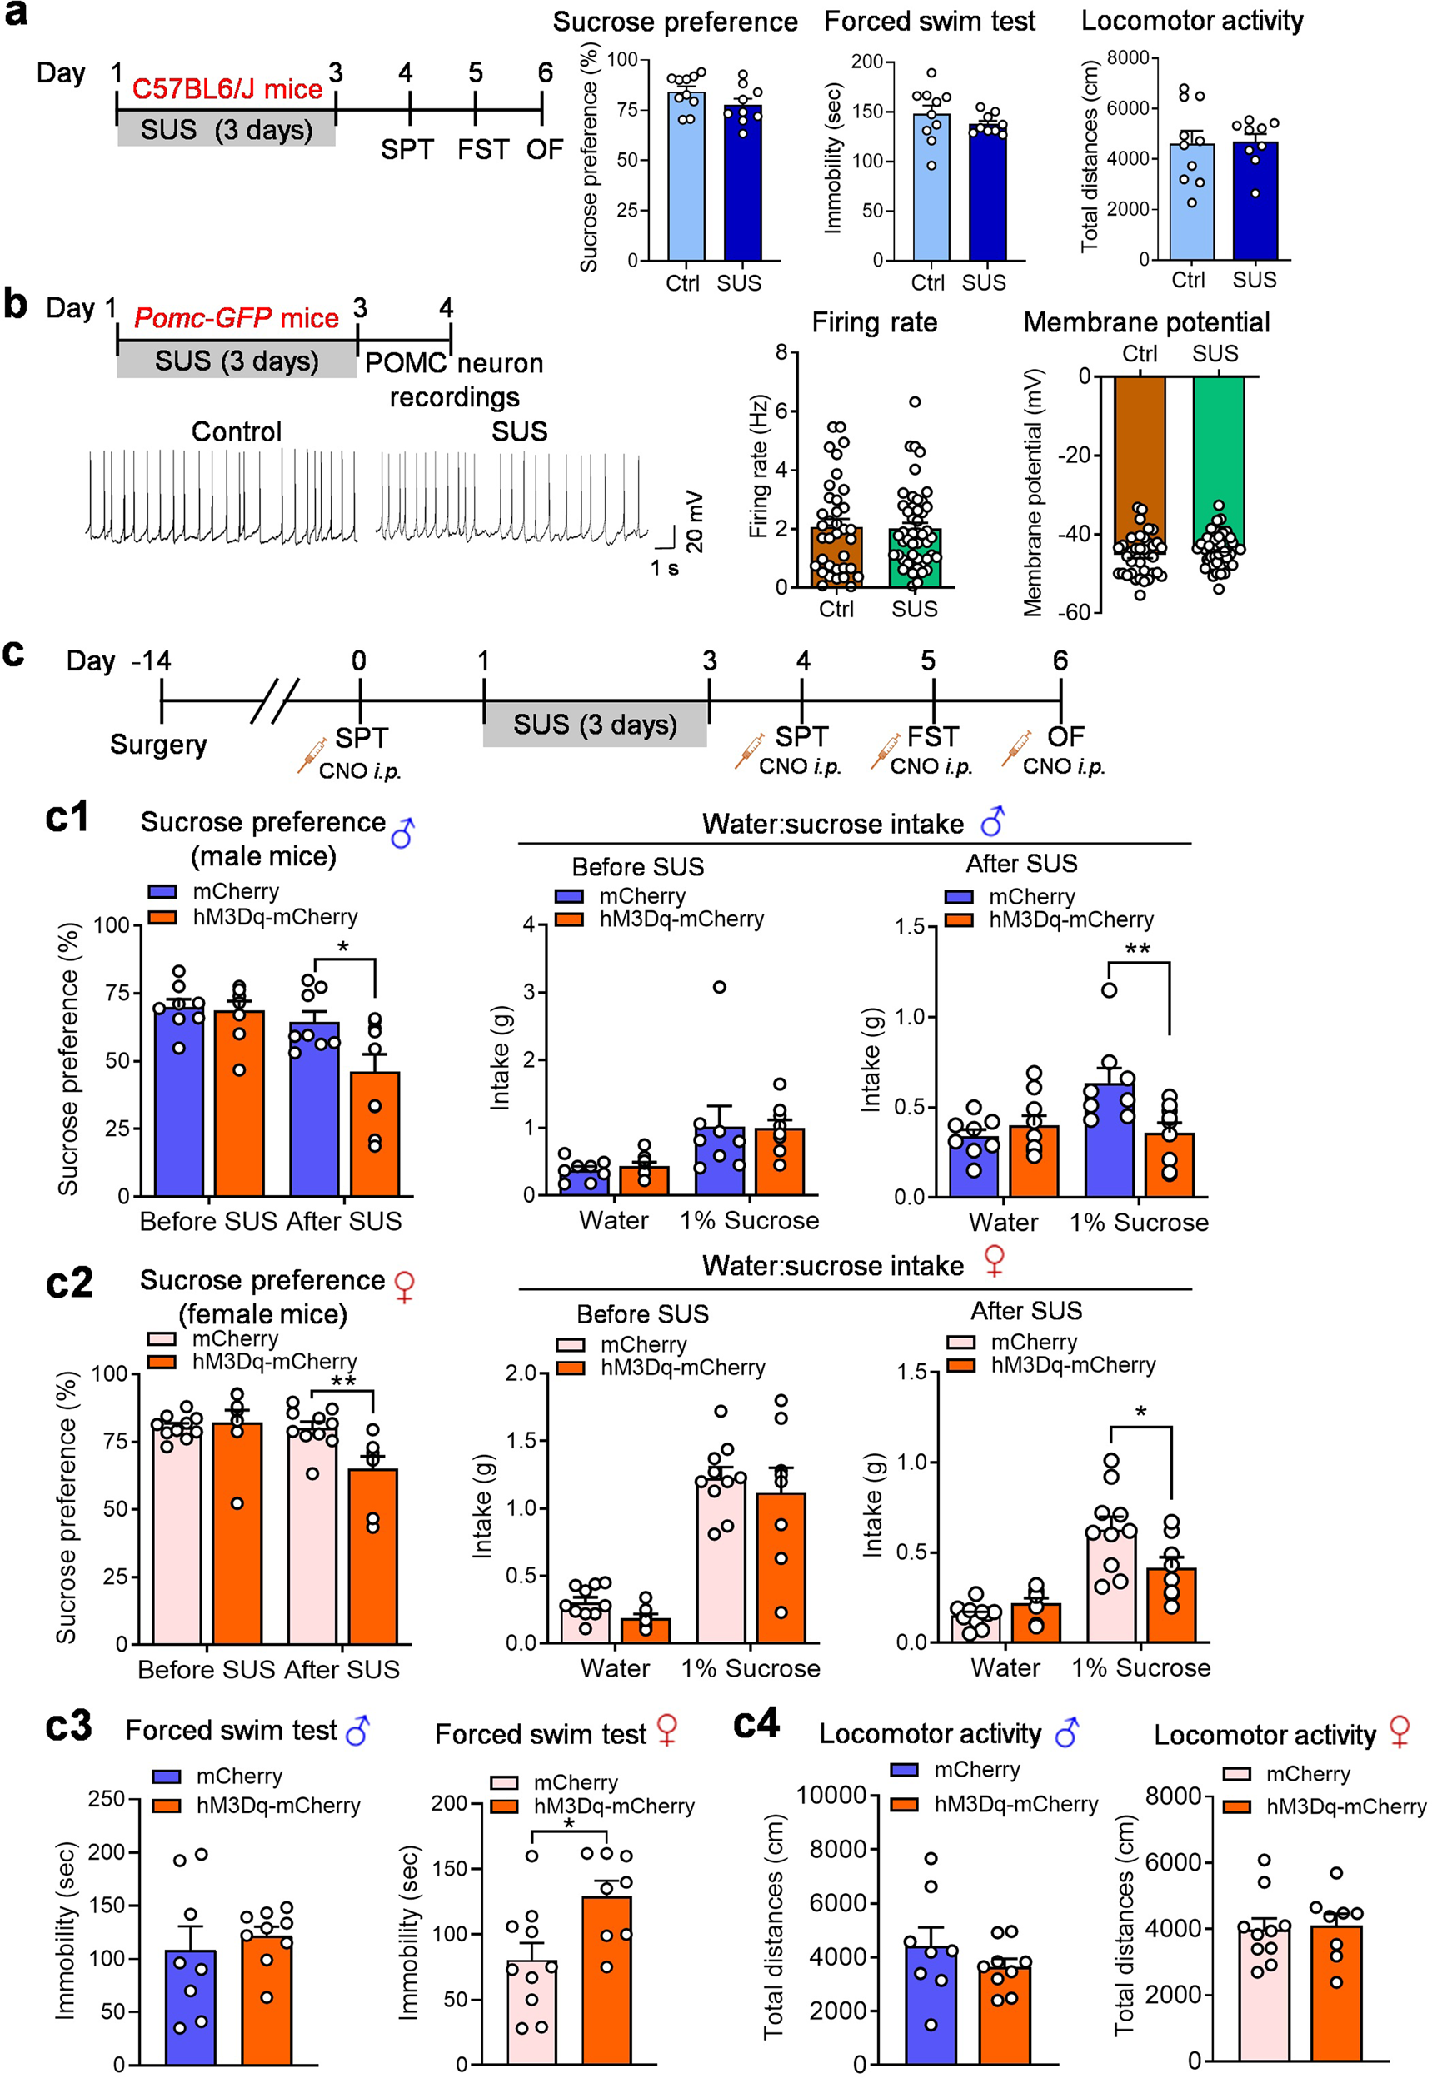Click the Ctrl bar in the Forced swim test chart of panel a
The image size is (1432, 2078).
pos(931,187)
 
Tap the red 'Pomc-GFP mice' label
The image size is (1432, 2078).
pos(236,318)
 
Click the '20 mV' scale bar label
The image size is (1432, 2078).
pos(694,521)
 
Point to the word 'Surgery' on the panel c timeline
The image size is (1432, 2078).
pos(158,745)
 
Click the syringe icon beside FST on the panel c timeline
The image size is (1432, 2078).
pos(885,750)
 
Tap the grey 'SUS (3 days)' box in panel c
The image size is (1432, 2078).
pos(595,725)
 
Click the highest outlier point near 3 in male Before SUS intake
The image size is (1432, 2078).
pos(719,988)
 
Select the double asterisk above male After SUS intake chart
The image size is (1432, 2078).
pos(1138,949)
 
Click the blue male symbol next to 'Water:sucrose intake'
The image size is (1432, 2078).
pos(993,820)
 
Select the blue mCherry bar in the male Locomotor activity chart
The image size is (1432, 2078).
pos(931,2004)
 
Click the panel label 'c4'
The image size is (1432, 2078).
pos(756,1723)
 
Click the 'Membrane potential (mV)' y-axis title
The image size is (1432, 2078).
pos(1033,492)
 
